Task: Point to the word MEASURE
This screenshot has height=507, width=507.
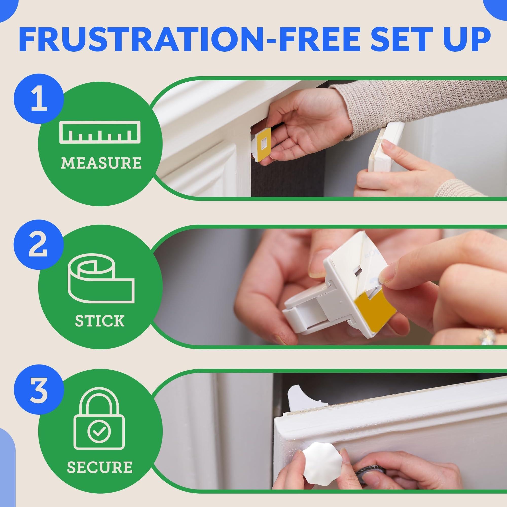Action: click(x=101, y=163)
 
